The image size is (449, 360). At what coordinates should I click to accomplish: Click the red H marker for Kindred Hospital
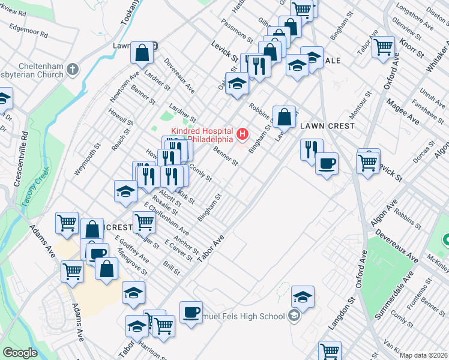(243, 133)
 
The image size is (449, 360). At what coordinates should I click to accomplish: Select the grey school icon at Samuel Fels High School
(294, 316)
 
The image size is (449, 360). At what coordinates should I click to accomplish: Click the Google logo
(20, 353)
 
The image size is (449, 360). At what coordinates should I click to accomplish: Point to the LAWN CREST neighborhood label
(328, 126)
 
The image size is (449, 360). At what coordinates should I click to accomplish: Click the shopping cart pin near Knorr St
(382, 47)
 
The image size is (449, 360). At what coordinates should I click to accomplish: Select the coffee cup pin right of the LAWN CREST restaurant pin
(327, 163)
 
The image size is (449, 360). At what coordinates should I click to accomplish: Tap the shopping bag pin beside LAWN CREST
(285, 116)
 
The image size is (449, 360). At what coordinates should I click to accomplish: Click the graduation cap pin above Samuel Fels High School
(303, 296)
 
